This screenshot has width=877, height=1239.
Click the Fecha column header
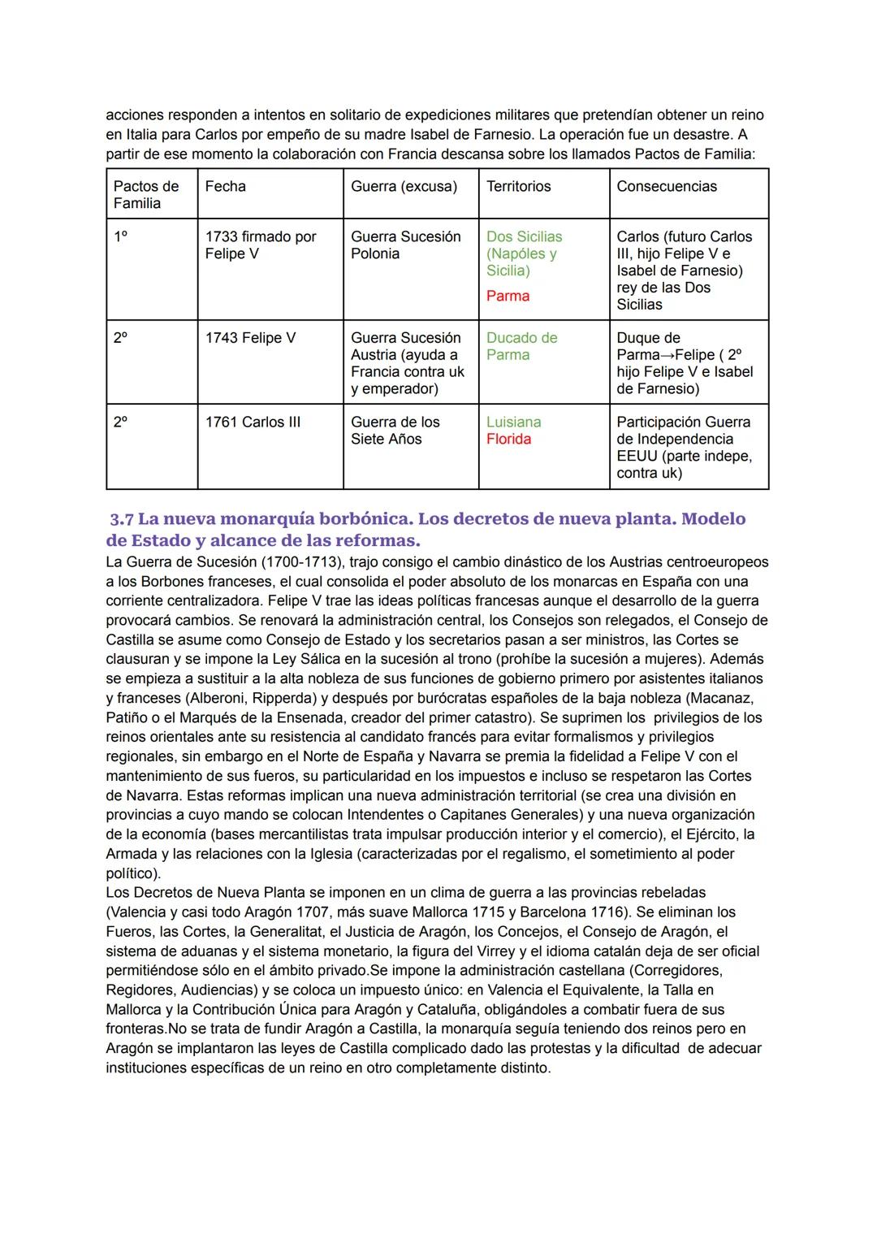tap(225, 186)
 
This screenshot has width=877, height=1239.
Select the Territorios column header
tap(518, 186)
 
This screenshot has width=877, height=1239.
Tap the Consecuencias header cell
tap(666, 186)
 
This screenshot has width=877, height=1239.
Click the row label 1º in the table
tap(120, 236)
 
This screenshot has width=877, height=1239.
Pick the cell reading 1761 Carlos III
tap(253, 422)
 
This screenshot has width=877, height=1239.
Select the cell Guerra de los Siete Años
tap(395, 431)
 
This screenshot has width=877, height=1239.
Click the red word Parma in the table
tap(508, 296)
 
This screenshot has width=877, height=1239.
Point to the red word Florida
tap(508, 439)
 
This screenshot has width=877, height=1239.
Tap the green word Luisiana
tap(513, 422)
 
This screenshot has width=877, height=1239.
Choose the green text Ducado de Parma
tap(521, 346)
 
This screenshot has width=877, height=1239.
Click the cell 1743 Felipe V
tap(250, 337)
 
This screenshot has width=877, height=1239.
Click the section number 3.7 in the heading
tap(122, 519)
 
